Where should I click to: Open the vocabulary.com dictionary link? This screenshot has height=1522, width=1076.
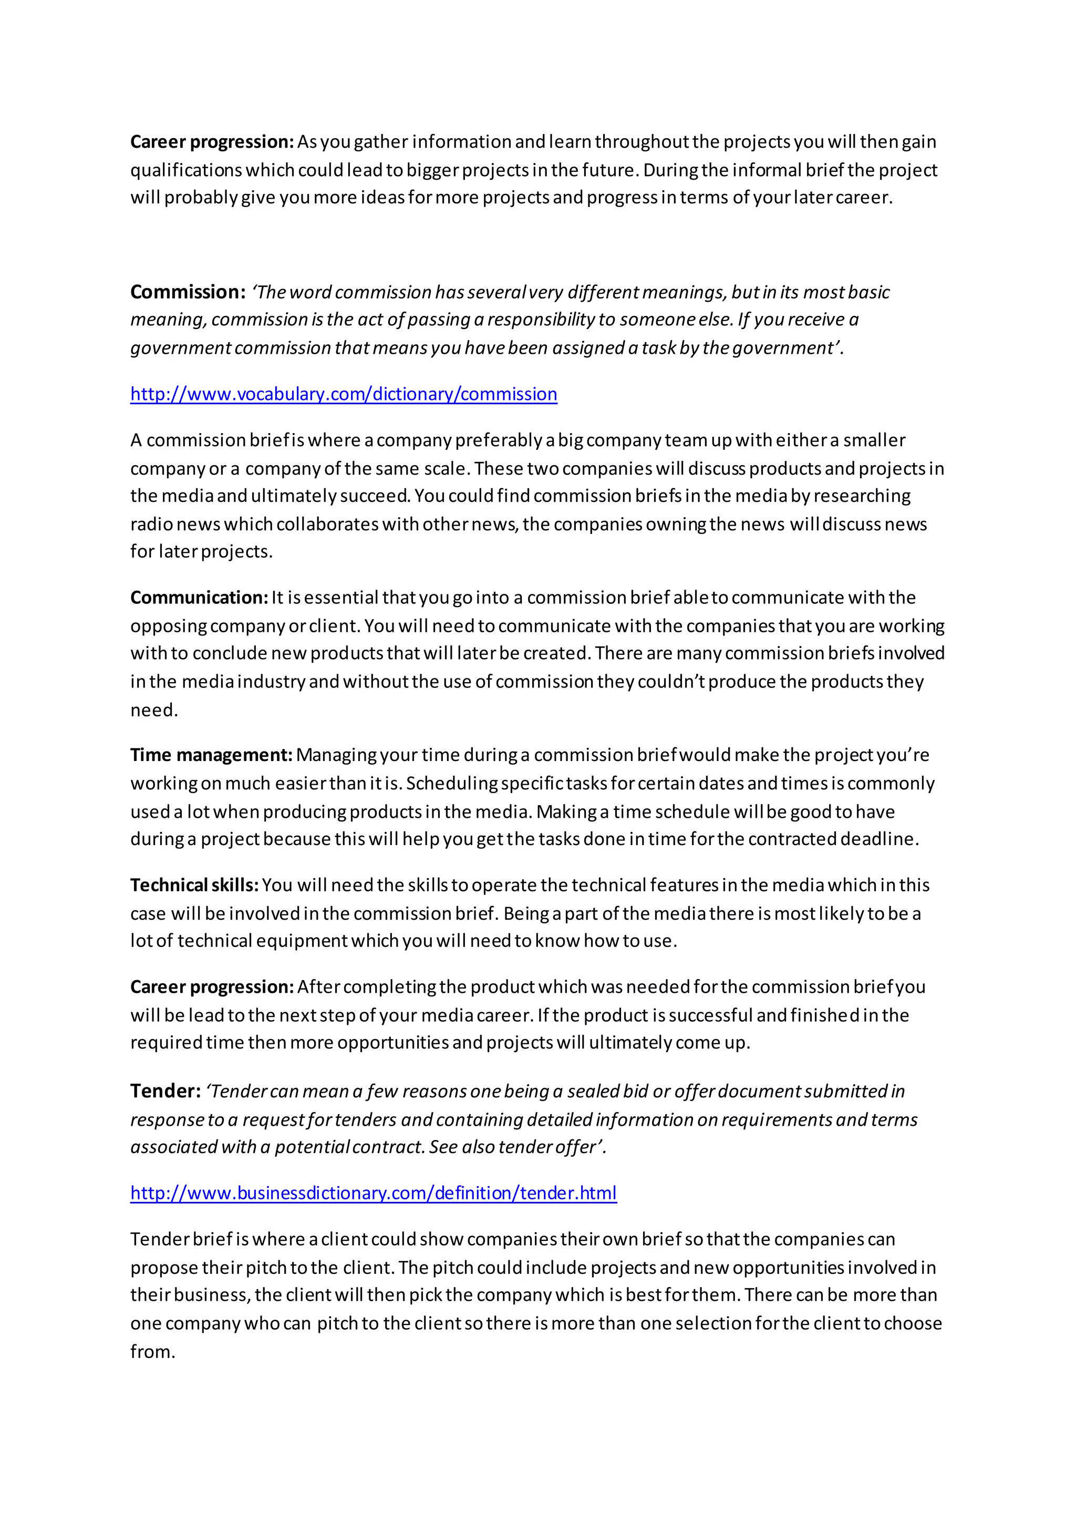[x=343, y=394]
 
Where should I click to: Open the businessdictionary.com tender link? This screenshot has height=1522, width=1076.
[x=373, y=1192]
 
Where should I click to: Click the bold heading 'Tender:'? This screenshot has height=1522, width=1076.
[x=165, y=1091]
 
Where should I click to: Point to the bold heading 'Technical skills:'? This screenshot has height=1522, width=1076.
[x=194, y=885]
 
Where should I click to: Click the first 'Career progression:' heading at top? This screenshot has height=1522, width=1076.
[x=211, y=141]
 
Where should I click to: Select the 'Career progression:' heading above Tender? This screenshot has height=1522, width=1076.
[x=211, y=986]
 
